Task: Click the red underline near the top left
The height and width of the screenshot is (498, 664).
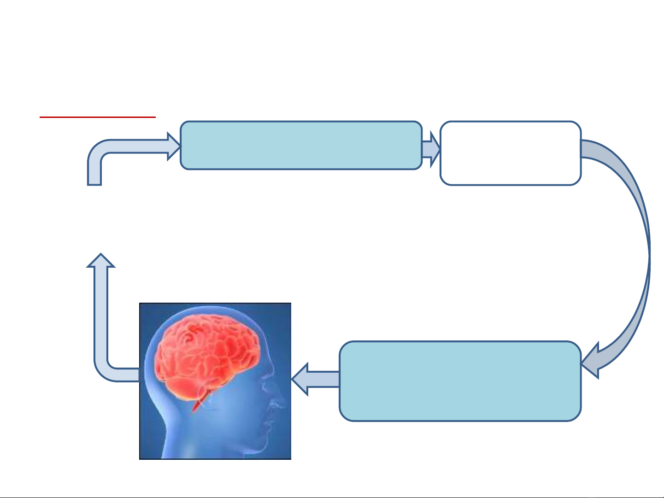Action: [98, 117]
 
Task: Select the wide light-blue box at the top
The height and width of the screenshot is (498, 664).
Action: [301, 146]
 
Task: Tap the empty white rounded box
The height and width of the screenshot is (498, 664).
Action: [510, 153]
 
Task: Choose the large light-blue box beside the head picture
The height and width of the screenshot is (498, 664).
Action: [460, 381]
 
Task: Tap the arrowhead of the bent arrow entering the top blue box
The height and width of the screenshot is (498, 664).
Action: [174, 146]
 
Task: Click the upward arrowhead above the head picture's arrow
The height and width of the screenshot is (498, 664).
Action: [101, 261]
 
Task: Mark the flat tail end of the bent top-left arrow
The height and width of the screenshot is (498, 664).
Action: [94, 184]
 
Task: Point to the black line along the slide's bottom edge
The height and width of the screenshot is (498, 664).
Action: [332, 497]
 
